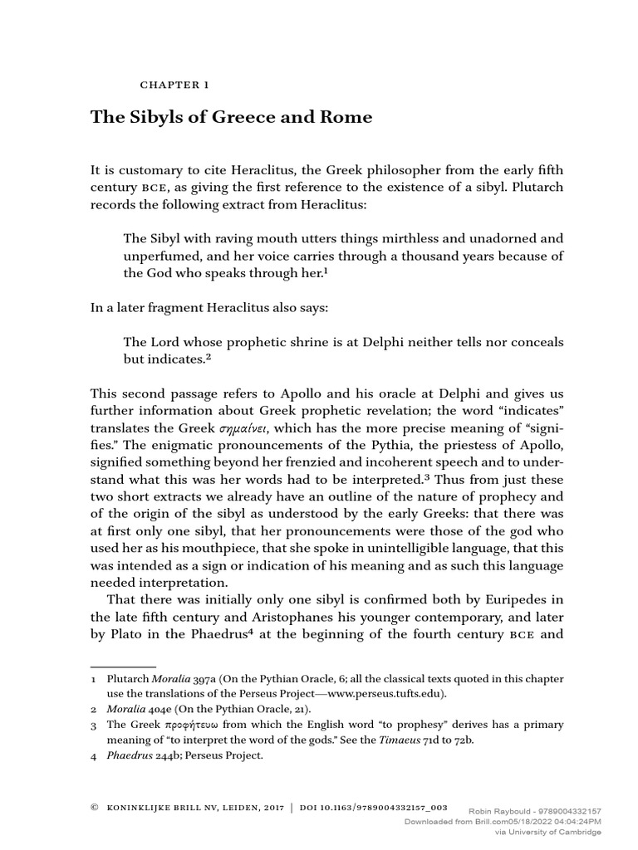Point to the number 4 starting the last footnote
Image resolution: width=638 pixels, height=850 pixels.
click(94, 756)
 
